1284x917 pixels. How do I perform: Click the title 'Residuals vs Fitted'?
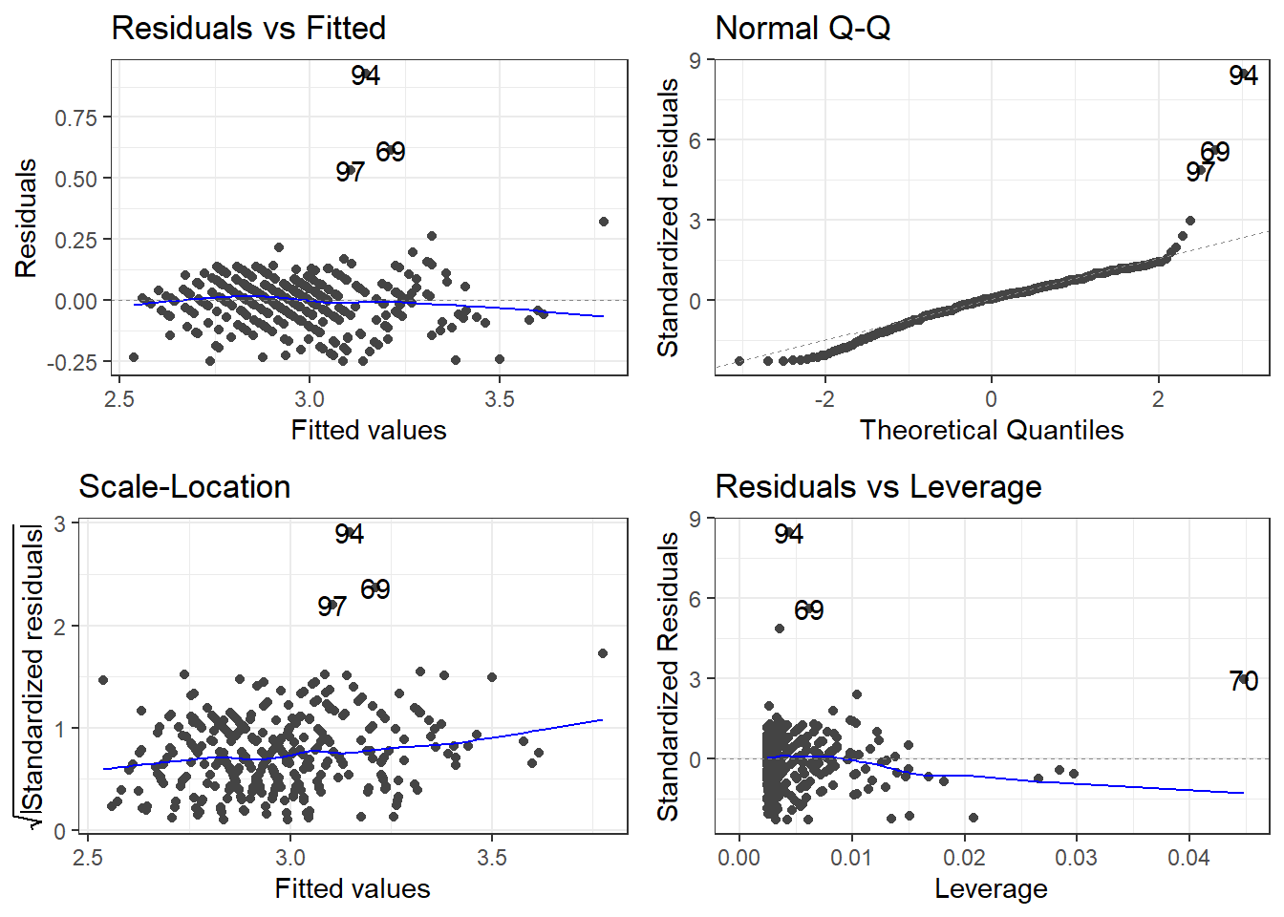point(248,29)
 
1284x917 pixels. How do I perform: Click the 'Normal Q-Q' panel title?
point(802,29)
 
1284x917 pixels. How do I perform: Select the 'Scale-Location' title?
point(184,487)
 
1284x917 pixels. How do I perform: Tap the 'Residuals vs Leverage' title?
point(878,487)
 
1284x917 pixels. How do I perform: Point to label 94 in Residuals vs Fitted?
point(365,75)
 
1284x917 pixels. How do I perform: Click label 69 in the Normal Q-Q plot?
point(1214,152)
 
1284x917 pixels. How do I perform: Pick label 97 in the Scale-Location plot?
point(332,607)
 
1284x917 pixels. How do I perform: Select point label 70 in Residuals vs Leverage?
point(1243,681)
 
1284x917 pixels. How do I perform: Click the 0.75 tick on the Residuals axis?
point(76,117)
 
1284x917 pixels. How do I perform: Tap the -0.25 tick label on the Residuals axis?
point(73,363)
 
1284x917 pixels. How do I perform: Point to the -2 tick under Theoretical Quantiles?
point(824,399)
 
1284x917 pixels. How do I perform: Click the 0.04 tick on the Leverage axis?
point(1188,858)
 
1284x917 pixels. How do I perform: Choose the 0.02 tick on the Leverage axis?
point(964,858)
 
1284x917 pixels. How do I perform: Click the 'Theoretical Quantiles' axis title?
point(991,431)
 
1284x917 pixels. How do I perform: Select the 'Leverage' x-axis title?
point(991,889)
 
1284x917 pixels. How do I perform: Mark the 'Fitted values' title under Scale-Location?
point(353,889)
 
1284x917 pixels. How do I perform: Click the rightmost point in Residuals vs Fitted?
point(603,222)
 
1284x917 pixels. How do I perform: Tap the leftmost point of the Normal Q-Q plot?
point(739,361)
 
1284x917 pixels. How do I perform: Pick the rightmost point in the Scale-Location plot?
point(603,653)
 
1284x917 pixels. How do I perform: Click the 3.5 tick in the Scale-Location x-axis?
point(492,858)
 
